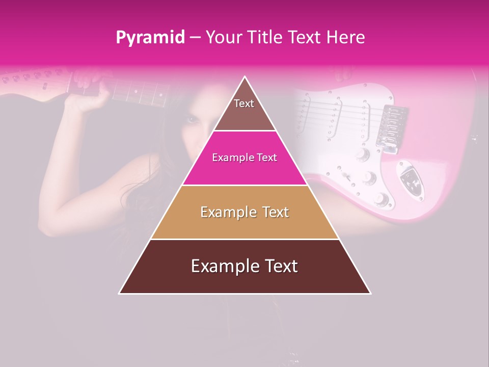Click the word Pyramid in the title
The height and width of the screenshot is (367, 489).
150,38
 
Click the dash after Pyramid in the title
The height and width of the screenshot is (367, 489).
195,38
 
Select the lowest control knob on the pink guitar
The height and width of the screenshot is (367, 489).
381,199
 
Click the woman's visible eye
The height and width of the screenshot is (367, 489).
192,120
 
